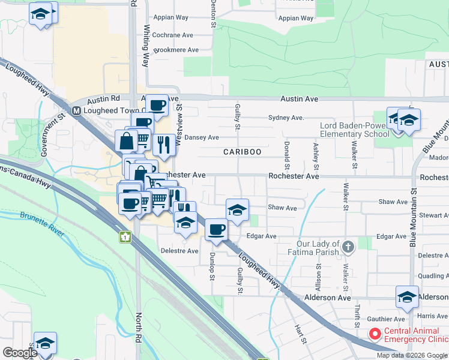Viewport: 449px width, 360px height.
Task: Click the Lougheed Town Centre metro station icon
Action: (76, 110)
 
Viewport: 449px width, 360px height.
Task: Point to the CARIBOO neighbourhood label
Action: (243, 152)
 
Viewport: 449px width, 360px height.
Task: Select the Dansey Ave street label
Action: (201, 137)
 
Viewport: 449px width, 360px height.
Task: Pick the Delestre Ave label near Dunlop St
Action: (179, 251)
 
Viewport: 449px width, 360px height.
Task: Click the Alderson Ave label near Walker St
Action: (327, 298)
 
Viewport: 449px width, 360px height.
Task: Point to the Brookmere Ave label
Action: (176, 50)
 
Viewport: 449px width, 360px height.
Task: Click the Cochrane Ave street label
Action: (172, 35)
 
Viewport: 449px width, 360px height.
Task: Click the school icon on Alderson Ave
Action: (407, 296)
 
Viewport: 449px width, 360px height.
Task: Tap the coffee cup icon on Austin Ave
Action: (157, 106)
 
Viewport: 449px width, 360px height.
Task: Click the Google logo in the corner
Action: (20, 353)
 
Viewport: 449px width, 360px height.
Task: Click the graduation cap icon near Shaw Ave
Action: (238, 209)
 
